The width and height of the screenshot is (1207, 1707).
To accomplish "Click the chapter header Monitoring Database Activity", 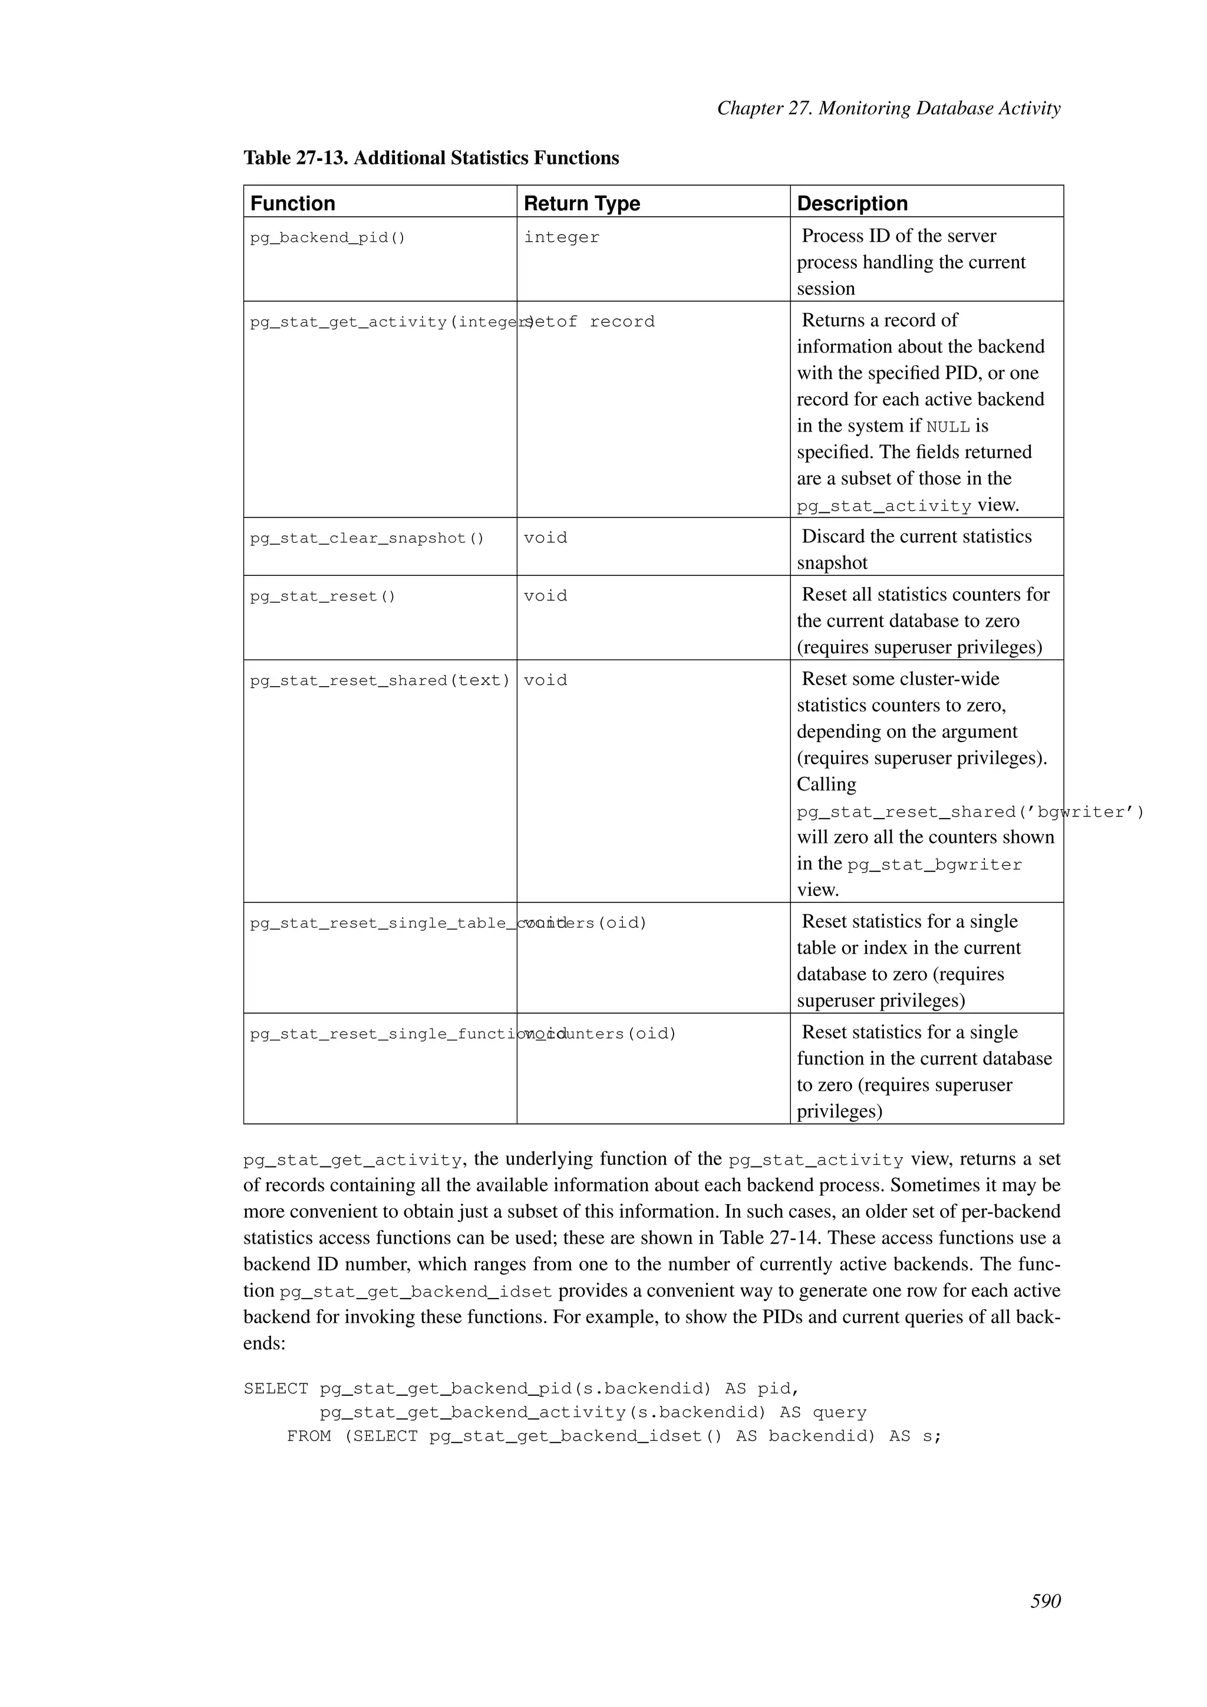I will click(888, 108).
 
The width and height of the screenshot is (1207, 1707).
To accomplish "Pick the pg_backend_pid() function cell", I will click(328, 238).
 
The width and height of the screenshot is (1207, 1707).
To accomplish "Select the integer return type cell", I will click(561, 238).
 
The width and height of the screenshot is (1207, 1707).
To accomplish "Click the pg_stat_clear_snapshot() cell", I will click(367, 538).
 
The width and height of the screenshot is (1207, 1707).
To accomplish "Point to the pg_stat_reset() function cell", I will click(322, 597).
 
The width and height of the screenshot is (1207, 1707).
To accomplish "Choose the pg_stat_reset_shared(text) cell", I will click(380, 680).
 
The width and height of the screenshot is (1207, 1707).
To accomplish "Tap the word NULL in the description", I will click(948, 427).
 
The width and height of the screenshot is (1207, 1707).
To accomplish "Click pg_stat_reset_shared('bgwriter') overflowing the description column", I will click(970, 812).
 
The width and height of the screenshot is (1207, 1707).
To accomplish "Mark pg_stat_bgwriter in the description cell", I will click(934, 865).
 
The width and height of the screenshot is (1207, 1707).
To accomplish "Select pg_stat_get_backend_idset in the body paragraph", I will click(415, 1291).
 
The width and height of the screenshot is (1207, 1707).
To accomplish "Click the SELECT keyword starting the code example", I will click(275, 1389).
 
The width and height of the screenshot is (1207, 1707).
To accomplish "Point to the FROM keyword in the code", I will click(308, 1436).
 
